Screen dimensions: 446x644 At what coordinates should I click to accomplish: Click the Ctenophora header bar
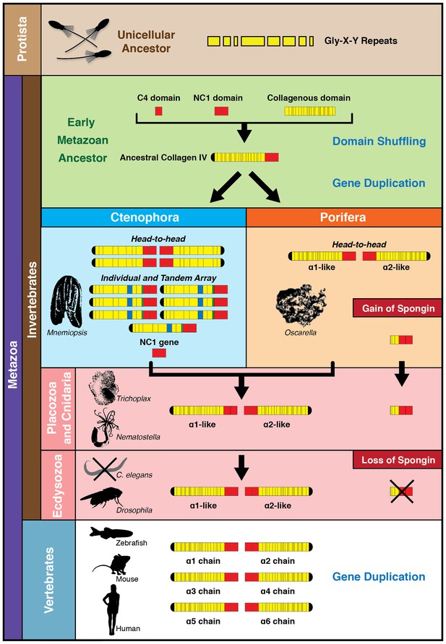click(x=143, y=217)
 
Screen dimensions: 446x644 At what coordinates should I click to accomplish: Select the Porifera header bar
click(x=343, y=217)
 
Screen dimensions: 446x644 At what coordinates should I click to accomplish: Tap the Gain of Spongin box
click(x=398, y=308)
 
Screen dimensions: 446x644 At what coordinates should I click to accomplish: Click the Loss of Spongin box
click(x=398, y=460)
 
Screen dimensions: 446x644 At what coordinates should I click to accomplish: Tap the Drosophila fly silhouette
click(x=101, y=497)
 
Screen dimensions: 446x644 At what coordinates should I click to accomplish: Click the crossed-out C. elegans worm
click(x=106, y=468)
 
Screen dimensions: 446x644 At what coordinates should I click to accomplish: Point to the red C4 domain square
click(x=159, y=111)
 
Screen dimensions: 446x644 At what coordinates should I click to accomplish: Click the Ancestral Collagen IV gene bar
click(x=244, y=157)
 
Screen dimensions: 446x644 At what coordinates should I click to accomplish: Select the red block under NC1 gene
click(x=159, y=353)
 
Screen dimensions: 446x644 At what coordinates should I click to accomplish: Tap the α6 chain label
click(x=278, y=621)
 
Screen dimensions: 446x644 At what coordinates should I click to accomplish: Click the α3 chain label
click(x=203, y=591)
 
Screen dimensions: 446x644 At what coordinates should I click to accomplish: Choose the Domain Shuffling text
click(x=379, y=142)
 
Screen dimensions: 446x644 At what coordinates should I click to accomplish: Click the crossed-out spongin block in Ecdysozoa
click(x=401, y=491)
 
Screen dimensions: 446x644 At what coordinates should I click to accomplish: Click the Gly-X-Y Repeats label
click(x=361, y=41)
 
